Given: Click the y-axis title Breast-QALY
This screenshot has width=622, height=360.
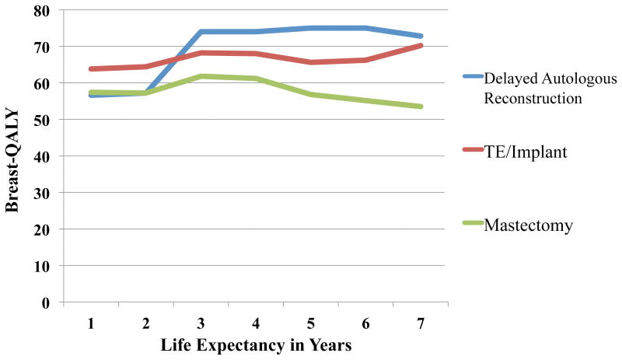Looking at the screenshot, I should pyautogui.click(x=15, y=156).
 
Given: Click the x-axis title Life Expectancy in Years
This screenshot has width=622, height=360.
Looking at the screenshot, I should pyautogui.click(x=255, y=343).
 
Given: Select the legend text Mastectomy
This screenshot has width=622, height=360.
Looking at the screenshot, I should pyautogui.click(x=528, y=225).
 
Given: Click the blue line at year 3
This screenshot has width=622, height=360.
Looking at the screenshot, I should pyautogui.click(x=201, y=32).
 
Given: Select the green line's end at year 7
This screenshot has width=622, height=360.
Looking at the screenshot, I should pyautogui.click(x=421, y=107).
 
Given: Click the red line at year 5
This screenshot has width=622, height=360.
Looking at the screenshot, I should pyautogui.click(x=310, y=62).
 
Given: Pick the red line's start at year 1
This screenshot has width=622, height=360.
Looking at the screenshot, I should pyautogui.click(x=90, y=69).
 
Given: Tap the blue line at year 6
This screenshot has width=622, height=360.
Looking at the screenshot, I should pyautogui.click(x=365, y=28).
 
